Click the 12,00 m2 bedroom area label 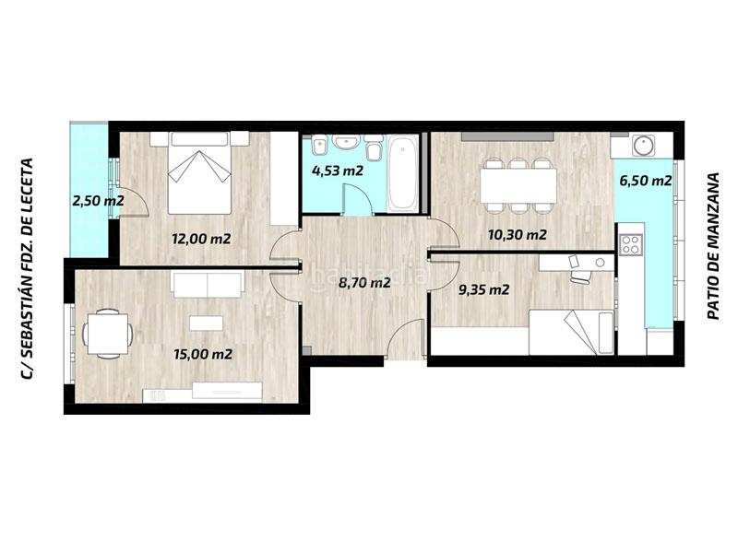pyautogui.click(x=200, y=238)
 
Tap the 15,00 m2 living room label pyautogui.click(x=202, y=353)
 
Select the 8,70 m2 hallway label pyautogui.click(x=364, y=283)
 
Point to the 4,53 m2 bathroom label pyautogui.click(x=337, y=171)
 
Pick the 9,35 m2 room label pyautogui.click(x=483, y=289)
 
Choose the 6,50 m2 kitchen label pyautogui.click(x=645, y=181)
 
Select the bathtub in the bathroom pyautogui.click(x=402, y=173)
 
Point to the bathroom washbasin pyautogui.click(x=347, y=144)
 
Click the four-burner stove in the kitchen pyautogui.click(x=632, y=243)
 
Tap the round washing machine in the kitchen pyautogui.click(x=643, y=145)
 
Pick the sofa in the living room pyautogui.click(x=208, y=285)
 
